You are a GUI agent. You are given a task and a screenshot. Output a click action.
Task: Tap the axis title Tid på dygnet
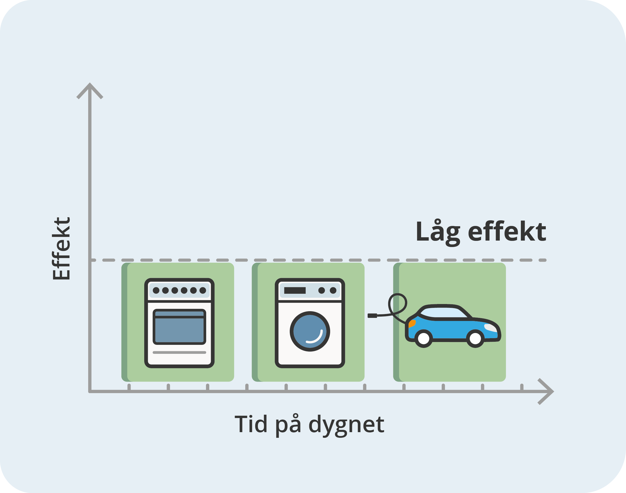point(309,424)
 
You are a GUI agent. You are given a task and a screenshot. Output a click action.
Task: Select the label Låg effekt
point(481,232)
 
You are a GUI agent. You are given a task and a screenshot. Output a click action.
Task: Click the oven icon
point(179,323)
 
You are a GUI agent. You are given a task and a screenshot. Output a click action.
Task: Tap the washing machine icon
point(310,323)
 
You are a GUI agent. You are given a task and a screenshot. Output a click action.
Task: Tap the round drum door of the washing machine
point(310,331)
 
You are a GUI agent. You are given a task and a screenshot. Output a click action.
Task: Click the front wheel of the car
point(475,339)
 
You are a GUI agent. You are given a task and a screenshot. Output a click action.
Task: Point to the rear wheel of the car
point(424,339)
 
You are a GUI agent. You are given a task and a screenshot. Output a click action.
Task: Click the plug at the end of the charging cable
point(372,316)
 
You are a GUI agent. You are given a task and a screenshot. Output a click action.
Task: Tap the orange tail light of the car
point(412,323)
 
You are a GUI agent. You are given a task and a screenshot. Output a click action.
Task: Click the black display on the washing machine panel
point(295,290)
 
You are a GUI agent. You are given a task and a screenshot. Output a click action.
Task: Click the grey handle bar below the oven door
point(179,353)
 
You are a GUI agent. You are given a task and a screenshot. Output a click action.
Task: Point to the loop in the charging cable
point(398,303)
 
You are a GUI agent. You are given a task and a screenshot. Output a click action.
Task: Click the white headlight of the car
point(491,328)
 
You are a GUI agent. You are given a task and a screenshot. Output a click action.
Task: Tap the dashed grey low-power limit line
point(318,260)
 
